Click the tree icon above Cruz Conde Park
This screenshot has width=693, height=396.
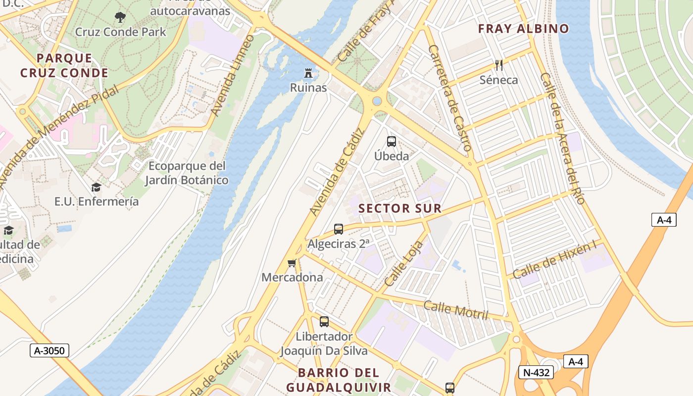click(120, 18)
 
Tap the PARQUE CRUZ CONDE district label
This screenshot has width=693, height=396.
click(64, 66)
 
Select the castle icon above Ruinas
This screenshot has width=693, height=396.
click(309, 74)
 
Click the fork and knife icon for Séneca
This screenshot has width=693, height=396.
click(499, 65)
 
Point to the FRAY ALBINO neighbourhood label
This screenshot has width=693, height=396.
click(523, 29)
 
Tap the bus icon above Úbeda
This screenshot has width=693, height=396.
click(392, 142)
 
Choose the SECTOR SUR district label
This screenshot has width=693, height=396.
click(400, 208)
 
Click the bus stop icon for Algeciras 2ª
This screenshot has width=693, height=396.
click(339, 229)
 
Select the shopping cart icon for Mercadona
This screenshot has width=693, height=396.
click(292, 263)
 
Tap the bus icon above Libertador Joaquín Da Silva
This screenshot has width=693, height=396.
click(324, 322)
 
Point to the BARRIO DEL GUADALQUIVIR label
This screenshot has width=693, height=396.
click(339, 380)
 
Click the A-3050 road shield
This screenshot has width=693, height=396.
click(49, 351)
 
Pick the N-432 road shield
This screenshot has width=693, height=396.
click(536, 372)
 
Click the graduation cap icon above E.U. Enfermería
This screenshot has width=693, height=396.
click(96, 187)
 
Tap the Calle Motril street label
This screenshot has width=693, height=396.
click(456, 310)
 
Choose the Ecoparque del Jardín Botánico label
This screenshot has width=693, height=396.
click(187, 173)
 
